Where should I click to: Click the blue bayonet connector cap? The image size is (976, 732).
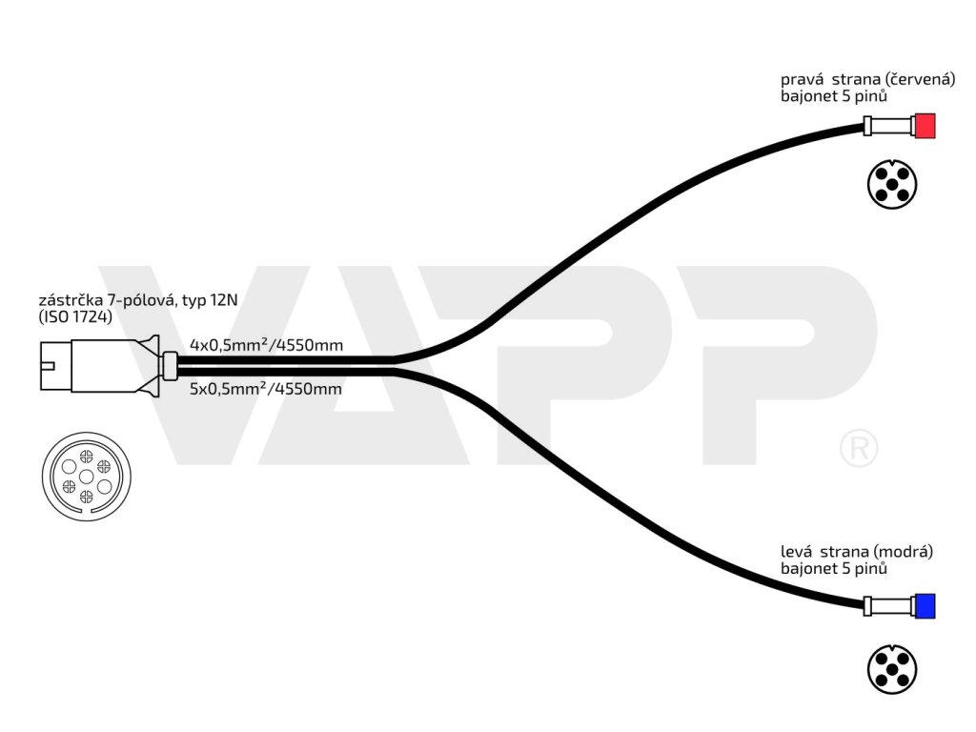click(x=924, y=605)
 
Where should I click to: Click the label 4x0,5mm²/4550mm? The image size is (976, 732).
click(x=266, y=344)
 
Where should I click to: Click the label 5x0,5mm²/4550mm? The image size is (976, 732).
click(x=266, y=389)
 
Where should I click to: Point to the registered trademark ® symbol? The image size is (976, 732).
click(x=858, y=447)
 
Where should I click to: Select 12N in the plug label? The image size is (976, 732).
click(x=226, y=299)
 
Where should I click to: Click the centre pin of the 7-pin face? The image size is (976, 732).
click(x=85, y=475)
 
